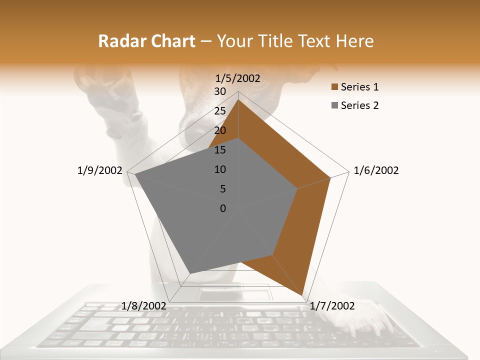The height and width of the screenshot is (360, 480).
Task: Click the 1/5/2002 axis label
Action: point(237,78)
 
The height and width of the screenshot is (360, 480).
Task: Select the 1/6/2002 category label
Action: point(376,170)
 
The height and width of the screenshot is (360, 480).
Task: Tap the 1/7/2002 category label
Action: point(332,306)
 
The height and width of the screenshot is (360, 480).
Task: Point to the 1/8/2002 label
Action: point(144,306)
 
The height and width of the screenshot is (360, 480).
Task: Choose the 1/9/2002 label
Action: point(99,170)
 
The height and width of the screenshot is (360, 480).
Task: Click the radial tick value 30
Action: point(220,91)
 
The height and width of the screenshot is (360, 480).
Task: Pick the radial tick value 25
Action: point(220,111)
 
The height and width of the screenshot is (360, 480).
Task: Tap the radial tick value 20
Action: point(220,130)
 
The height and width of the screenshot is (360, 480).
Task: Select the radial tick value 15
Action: point(220,150)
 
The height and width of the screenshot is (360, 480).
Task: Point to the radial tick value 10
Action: point(220,169)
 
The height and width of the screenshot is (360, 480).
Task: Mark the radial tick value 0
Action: point(223,208)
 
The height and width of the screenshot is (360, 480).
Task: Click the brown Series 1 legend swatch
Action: point(334,87)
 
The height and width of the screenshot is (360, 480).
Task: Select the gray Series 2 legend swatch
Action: point(334,105)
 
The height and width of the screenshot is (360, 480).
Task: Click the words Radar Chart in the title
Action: point(146,41)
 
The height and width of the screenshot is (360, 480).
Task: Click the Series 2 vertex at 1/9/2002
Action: point(134,174)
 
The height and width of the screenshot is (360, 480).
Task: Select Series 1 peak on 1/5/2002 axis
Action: point(238,99)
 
